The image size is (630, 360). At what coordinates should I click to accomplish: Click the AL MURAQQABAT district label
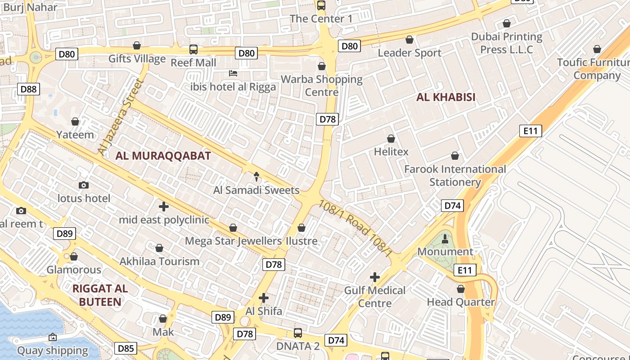pos(163,156)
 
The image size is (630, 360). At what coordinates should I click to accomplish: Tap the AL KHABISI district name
pos(445,97)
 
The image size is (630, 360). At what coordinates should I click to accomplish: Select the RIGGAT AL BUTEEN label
pos(100,295)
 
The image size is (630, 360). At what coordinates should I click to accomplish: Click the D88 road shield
pos(29,89)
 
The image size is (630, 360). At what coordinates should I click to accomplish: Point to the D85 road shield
pos(126,348)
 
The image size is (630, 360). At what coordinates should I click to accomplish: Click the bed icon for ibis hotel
pos(233,73)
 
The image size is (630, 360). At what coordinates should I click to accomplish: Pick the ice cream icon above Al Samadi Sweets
pos(256,176)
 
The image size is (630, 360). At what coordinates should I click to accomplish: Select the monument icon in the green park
pos(445,239)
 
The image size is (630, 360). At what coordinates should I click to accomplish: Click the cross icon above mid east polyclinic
pos(164,207)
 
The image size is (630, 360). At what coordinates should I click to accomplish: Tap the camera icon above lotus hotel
pos(83,185)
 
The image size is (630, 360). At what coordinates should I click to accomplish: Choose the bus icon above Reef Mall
pos(193,49)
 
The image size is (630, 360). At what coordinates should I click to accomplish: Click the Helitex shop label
pos(391,152)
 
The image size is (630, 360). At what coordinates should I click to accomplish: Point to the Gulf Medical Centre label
pos(375,297)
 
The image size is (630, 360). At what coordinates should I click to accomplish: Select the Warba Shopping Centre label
pos(321,85)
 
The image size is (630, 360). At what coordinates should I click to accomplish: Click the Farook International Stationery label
pos(455,175)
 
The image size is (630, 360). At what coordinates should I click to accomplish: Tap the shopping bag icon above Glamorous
pos(74,256)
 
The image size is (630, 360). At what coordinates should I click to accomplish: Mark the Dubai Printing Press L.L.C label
pos(507,43)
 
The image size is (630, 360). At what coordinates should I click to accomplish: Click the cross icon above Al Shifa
pos(264,298)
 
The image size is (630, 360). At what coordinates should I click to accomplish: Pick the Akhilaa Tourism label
pos(159,261)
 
